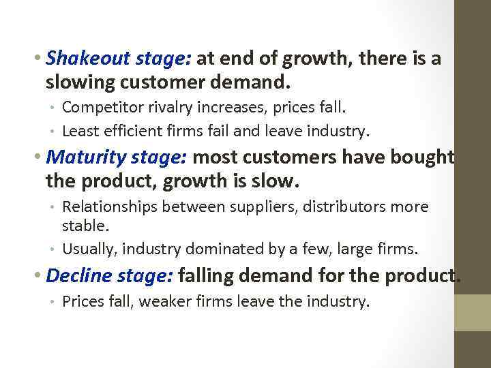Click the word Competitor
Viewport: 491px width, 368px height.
coord(102,108)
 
